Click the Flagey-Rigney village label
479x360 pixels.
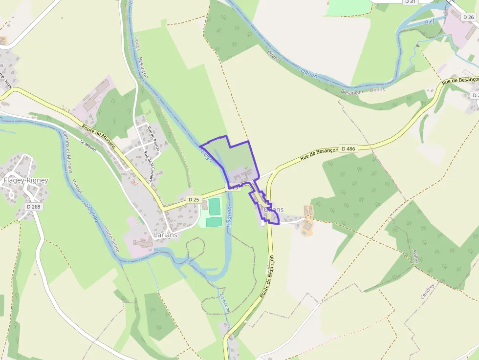(x=26, y=180)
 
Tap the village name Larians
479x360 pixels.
(x=165, y=234)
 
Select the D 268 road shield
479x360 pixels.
(x=33, y=207)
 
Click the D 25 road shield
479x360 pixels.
(x=194, y=199)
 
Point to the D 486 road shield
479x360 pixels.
(x=348, y=148)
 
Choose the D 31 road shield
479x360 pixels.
(x=410, y=2)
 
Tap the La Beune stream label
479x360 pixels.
(x=225, y=305)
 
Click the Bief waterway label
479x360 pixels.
(x=429, y=22)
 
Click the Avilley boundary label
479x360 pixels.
(x=416, y=256)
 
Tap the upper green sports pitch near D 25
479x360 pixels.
(x=214, y=206)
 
